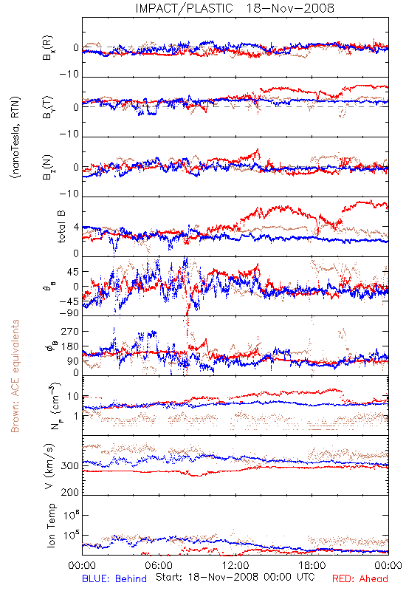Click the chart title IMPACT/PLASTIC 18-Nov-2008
click(x=235, y=8)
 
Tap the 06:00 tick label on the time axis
click(x=159, y=565)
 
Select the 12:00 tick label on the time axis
click(x=235, y=565)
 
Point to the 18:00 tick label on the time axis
click(x=312, y=565)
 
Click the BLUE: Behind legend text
click(x=114, y=578)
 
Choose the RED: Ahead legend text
click(x=360, y=578)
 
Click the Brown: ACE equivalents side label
click(x=15, y=376)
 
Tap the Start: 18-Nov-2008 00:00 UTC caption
click(x=235, y=577)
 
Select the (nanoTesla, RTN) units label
click(x=16, y=137)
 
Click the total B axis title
click(x=61, y=227)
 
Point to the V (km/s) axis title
click(x=49, y=466)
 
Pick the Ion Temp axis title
click(x=51, y=525)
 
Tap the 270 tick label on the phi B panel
click(x=70, y=332)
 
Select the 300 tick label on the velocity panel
click(x=70, y=466)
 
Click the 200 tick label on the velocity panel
click(x=70, y=492)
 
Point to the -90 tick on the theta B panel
click(x=69, y=313)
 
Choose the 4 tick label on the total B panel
click(x=77, y=228)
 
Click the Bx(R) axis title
click(x=48, y=48)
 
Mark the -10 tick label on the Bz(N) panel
click(x=69, y=194)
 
